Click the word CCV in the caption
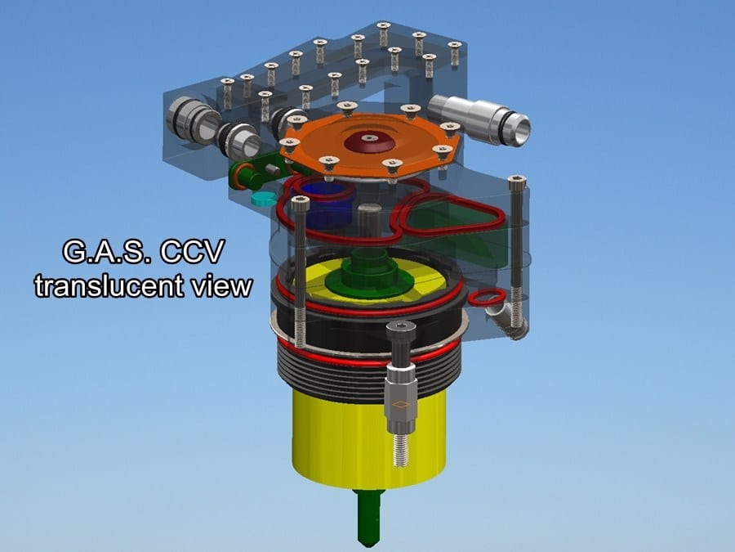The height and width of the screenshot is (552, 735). tap(192, 252)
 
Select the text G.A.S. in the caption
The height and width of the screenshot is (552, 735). tap(109, 252)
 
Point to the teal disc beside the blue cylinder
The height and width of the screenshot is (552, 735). tap(265, 199)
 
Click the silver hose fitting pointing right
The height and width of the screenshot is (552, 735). tap(480, 119)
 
